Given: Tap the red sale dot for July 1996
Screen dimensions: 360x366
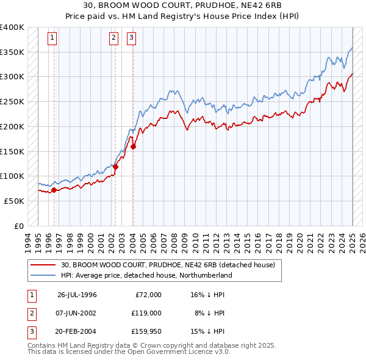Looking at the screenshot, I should pyautogui.click(x=54, y=190).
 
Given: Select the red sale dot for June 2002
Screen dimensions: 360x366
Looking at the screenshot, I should pyautogui.click(x=115, y=166).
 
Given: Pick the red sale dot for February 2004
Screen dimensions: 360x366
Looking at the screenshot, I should pyautogui.click(x=133, y=146).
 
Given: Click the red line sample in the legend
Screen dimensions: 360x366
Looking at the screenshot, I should pyautogui.click(x=43, y=265).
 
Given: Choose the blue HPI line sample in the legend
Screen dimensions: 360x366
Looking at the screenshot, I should pyautogui.click(x=43, y=275).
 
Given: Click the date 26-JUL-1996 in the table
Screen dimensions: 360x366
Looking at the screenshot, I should pyautogui.click(x=77, y=295).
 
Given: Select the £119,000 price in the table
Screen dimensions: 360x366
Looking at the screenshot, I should pyautogui.click(x=146, y=313).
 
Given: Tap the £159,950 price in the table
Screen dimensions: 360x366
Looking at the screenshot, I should pyautogui.click(x=146, y=331).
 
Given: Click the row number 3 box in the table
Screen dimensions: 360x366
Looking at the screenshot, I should pyautogui.click(x=31, y=331).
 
